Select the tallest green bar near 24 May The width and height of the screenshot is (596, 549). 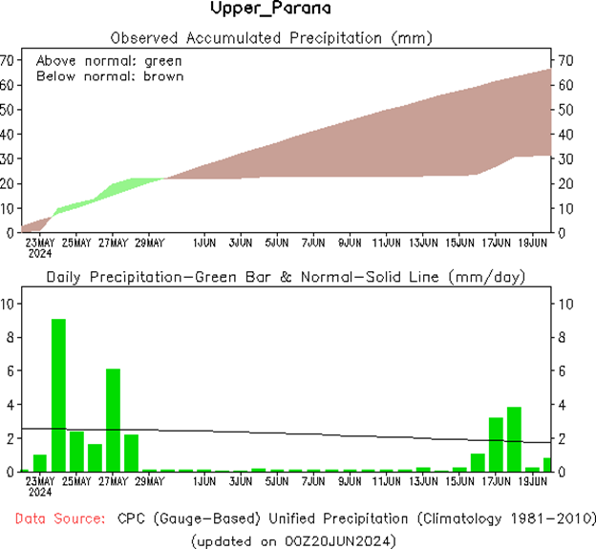coord(58,394)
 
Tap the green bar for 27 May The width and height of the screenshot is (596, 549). coord(113,420)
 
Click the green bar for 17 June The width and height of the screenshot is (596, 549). coord(496,444)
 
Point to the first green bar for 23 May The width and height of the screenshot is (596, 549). coord(39,463)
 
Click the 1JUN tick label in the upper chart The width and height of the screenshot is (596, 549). coord(204,243)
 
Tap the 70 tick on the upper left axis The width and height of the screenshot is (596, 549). coord(8,59)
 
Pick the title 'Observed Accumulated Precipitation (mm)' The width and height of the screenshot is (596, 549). coord(272,39)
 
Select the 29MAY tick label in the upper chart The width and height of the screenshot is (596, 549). coord(149,243)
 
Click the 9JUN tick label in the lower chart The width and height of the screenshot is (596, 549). coord(350,481)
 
